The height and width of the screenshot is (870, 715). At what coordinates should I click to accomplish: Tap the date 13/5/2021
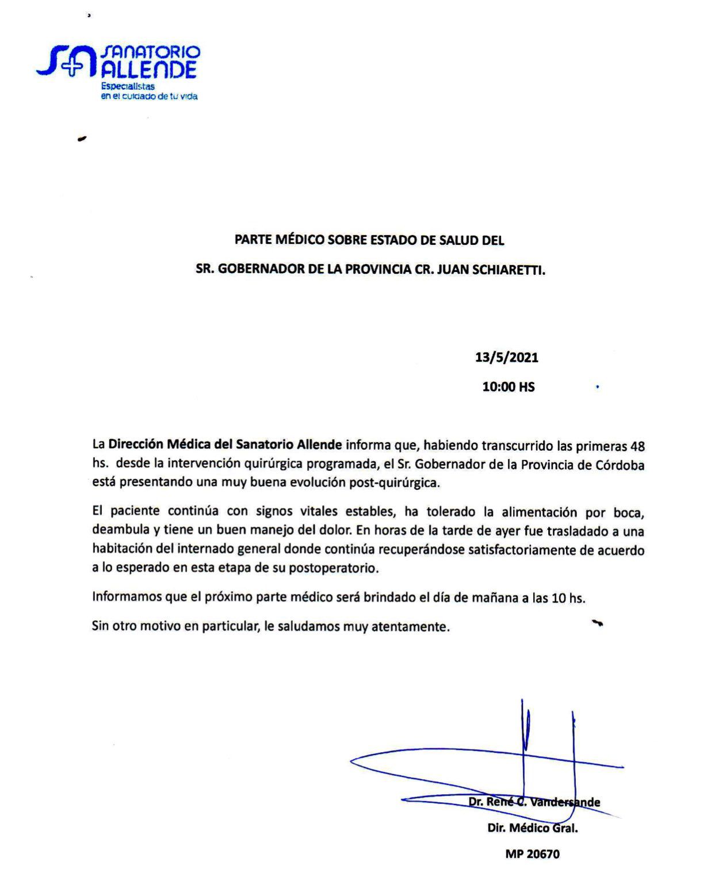pyautogui.click(x=506, y=358)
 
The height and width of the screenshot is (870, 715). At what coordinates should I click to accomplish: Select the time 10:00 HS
pyautogui.click(x=508, y=387)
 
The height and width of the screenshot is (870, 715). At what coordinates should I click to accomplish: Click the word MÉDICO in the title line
pyautogui.click(x=297, y=240)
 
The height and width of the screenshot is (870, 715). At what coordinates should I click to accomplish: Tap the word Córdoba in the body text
pyautogui.click(x=620, y=465)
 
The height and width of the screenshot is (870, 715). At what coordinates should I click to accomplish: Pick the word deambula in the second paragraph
pyautogui.click(x=119, y=530)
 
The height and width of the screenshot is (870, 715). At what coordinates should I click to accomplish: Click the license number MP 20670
pyautogui.click(x=532, y=854)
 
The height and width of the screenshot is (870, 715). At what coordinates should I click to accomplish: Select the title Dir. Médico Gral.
pyautogui.click(x=532, y=828)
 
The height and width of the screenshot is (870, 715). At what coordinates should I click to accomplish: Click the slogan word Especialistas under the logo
pyautogui.click(x=128, y=86)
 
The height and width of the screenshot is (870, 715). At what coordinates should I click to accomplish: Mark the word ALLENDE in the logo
pyautogui.click(x=149, y=70)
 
